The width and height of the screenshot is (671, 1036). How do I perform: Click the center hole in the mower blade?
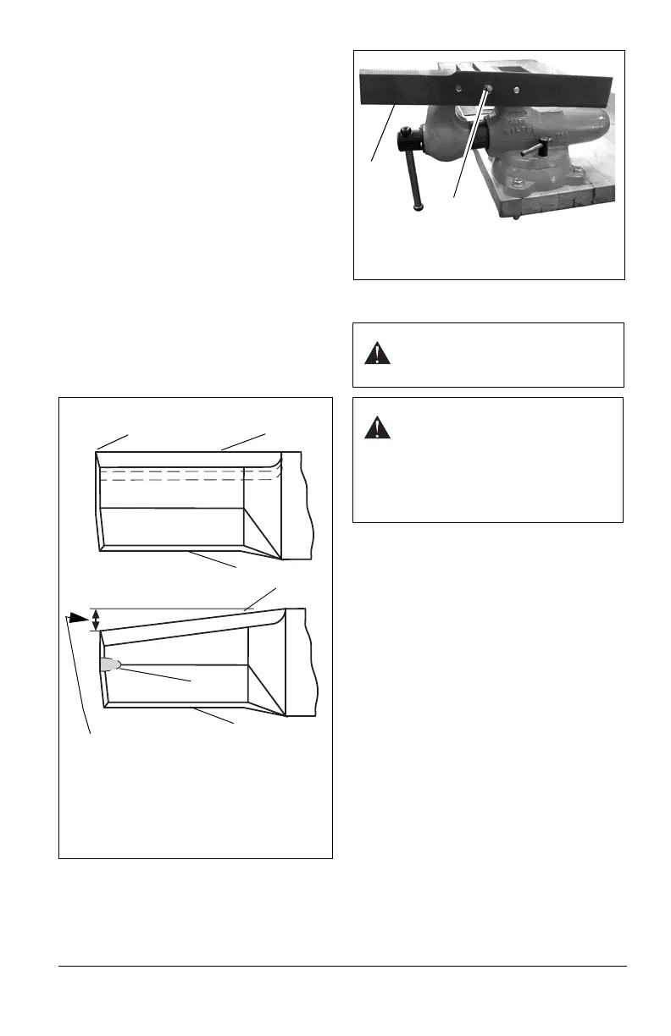[x=490, y=87]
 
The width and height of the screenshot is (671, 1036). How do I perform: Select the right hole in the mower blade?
[x=516, y=89]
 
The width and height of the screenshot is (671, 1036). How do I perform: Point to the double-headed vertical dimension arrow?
[x=96, y=620]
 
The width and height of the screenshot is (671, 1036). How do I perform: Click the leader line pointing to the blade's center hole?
[x=469, y=144]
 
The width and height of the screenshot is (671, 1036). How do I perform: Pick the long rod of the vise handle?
[x=414, y=168]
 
